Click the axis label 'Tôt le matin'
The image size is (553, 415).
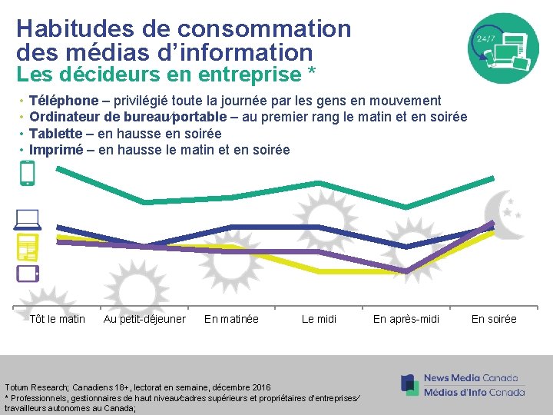[x=57, y=319]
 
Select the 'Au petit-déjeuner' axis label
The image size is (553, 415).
[x=144, y=319]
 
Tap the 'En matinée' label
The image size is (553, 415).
[x=231, y=319]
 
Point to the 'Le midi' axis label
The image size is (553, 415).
[x=319, y=319]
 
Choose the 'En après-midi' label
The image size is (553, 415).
[x=406, y=319]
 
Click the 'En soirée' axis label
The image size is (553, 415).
[x=494, y=319]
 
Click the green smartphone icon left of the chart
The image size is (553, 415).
[x=28, y=173]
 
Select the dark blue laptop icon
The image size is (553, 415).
[x=27, y=220]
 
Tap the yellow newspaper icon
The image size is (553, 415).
[x=27, y=247]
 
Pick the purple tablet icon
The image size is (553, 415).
[x=28, y=273]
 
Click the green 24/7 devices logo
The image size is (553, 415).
[x=505, y=48]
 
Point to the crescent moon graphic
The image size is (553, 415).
[x=503, y=215]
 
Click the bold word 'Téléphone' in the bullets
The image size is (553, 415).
[x=63, y=101]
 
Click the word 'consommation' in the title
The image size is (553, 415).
[x=264, y=29]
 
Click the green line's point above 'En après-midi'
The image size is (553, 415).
[x=406, y=207]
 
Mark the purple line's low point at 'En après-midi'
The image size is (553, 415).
[x=406, y=271]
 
